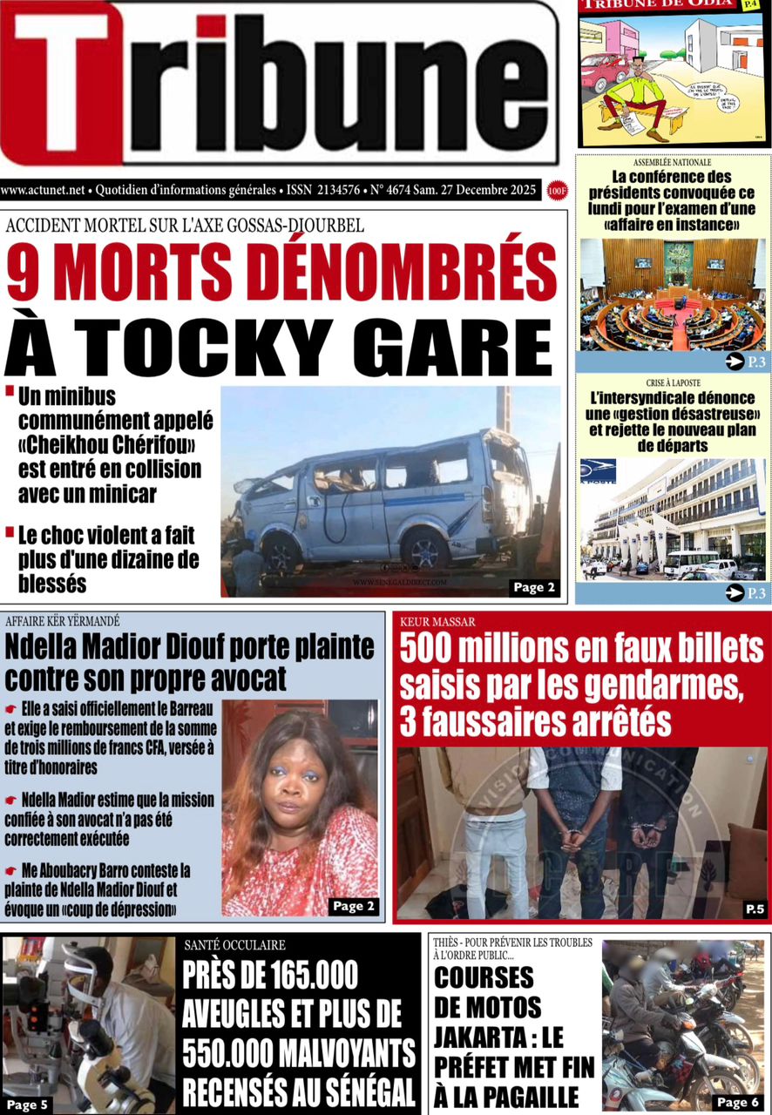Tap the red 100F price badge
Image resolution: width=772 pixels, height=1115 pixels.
pos(556,189)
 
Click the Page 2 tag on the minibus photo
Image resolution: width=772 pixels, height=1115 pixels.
pos(533,587)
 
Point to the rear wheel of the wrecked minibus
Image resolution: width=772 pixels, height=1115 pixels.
pos(425,551)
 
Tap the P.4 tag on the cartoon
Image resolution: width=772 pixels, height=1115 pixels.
pos(749,5)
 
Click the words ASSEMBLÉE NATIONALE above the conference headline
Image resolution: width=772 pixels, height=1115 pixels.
pos(672,163)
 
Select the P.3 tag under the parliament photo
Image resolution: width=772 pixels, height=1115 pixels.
pos(748,362)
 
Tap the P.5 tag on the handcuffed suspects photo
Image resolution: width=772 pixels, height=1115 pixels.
pos(755,910)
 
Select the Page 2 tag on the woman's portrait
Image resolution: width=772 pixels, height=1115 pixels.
pos(354,906)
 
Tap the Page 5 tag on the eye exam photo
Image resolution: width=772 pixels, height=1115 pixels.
pos(27,1105)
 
